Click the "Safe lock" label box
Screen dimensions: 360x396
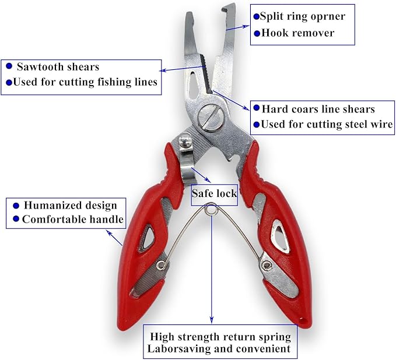215,193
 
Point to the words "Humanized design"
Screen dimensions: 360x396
69,205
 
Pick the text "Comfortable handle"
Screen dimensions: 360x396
73,219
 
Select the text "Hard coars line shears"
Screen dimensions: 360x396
318,108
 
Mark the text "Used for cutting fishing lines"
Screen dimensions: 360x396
85,82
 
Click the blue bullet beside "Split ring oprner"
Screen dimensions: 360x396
255,16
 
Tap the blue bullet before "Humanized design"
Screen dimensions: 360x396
16,205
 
